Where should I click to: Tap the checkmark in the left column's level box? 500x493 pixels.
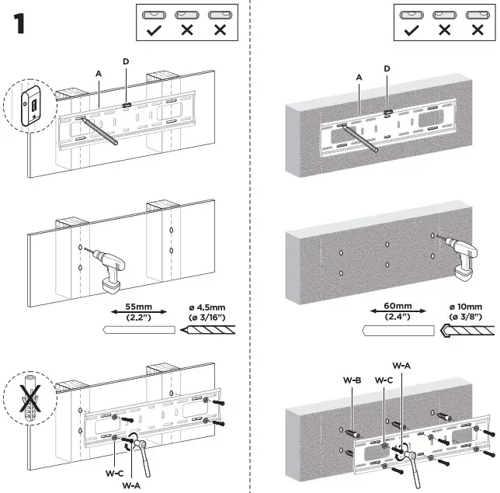click(154, 30)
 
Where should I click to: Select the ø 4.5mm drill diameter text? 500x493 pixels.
click(208, 307)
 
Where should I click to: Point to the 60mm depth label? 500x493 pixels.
click(398, 306)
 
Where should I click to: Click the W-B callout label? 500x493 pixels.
click(352, 380)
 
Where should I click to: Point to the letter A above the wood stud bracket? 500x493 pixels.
click(99, 73)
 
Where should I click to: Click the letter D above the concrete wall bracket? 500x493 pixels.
click(387, 68)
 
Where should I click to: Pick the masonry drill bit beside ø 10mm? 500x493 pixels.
click(470, 330)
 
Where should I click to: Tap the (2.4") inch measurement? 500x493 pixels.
click(398, 316)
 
